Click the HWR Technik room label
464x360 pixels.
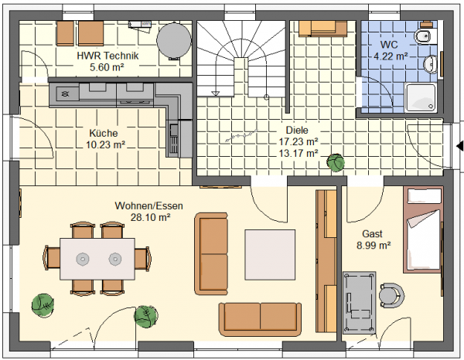point(107,56)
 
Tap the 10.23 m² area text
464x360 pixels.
point(106,144)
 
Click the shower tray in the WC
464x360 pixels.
point(420,97)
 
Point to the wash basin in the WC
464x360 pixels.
point(430,64)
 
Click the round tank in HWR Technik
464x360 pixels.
point(174,41)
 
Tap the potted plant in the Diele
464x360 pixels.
point(336,162)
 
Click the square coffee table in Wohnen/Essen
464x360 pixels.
point(270,255)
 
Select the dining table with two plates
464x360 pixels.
point(97,259)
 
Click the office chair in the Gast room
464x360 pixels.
point(391,295)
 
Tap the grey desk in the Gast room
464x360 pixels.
point(360,302)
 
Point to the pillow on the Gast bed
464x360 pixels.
point(424,196)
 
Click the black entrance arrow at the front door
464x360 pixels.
point(460,146)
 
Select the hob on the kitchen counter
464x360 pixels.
point(64,94)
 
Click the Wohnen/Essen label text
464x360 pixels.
point(148,205)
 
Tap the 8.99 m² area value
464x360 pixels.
point(374,246)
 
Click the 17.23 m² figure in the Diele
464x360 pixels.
point(299,141)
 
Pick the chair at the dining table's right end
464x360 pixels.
point(142,259)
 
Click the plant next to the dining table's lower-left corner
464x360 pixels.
point(43,305)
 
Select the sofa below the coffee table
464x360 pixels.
point(260,319)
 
